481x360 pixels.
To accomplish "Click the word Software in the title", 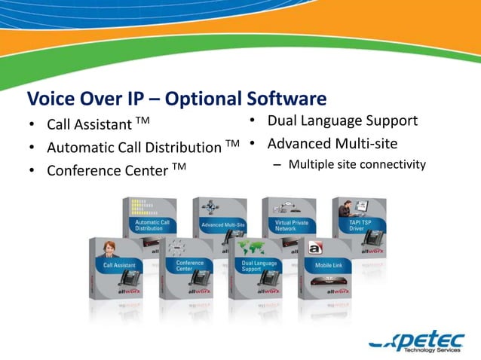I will [286, 99].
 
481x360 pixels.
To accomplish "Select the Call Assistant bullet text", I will [89, 124].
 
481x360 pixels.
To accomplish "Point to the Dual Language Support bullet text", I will [342, 121].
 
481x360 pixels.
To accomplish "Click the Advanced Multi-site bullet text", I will [332, 143].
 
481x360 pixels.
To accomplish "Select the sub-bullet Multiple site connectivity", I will [357, 163].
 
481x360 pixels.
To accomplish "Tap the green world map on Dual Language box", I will [249, 249].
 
